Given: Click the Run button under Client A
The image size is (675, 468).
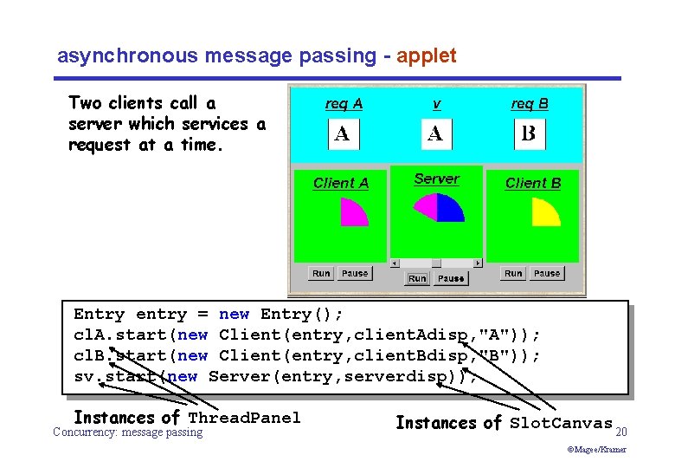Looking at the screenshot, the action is pos(321,273).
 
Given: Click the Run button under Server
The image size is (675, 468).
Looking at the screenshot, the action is pos(417,278).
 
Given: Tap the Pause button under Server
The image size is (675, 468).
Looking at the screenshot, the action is pos(450,278).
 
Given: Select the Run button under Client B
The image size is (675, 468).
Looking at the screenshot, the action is pos(513,273).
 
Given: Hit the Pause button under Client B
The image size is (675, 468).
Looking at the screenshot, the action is pos(546,273).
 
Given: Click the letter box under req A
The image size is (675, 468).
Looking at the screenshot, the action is pos(343,134).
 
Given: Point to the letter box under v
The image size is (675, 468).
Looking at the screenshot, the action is pos(436,134).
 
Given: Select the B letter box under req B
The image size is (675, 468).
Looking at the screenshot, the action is pos(530,134).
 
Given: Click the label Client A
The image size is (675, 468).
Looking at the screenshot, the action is pos(341,183).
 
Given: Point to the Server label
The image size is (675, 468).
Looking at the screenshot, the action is pos(436,179).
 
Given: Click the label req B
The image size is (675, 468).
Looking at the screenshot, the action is pos(530,104).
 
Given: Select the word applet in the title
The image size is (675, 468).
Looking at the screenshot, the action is pos(426,56).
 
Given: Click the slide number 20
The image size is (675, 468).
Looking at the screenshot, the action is pos(620,431).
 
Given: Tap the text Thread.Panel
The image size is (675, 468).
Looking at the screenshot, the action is pos(244,418).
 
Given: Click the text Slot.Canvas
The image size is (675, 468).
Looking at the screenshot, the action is pos(561,423).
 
